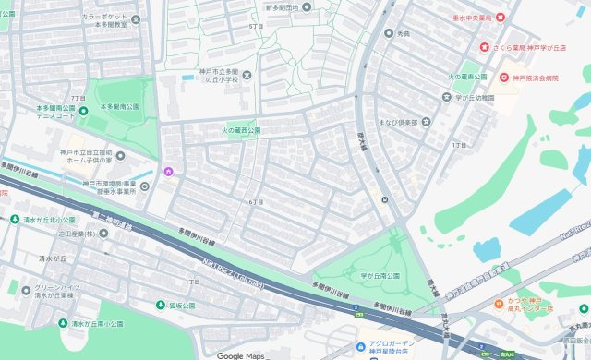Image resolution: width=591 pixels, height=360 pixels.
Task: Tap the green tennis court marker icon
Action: pos(83,112)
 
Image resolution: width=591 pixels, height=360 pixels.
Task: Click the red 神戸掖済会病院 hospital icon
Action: pos(503,78)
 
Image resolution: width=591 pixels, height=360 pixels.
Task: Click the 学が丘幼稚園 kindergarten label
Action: pos(476,97)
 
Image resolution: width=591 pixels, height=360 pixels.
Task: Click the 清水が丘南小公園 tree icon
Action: pos(63,323)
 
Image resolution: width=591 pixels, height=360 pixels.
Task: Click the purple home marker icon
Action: pos(168,172)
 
